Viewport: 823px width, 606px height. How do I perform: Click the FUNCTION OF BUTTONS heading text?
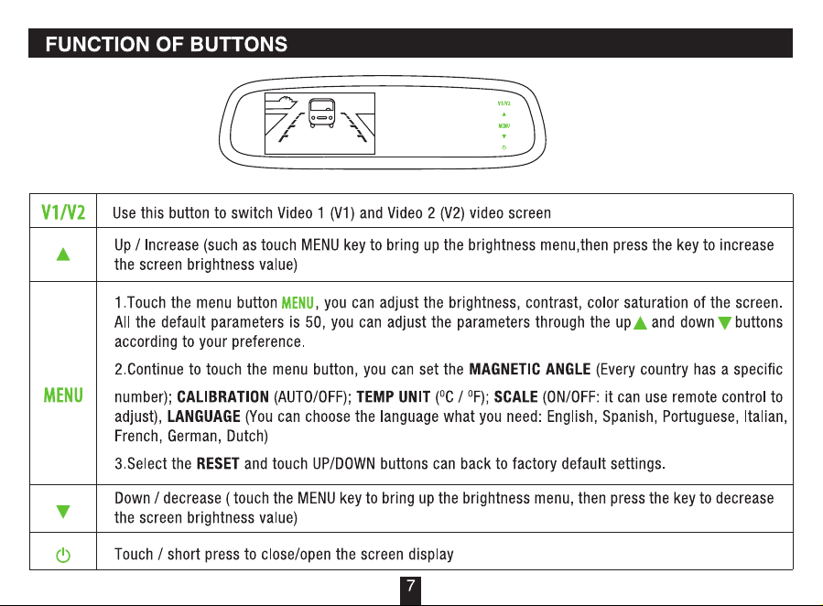(167, 44)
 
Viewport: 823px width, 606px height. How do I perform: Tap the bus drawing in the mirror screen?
(321, 114)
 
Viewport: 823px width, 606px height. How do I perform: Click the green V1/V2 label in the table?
(63, 212)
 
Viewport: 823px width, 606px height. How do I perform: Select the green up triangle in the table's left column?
(63, 254)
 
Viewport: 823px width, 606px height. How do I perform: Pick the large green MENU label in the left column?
(63, 395)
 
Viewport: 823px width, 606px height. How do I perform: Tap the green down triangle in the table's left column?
(63, 512)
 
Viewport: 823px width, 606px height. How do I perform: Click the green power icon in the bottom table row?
(63, 555)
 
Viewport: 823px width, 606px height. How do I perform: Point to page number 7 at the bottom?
(410, 586)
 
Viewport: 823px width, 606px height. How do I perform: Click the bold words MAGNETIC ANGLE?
(530, 370)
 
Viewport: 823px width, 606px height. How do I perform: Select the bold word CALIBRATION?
(223, 396)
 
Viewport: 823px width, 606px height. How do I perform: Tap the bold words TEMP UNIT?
(394, 396)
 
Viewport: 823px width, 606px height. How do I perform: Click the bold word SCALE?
(516, 396)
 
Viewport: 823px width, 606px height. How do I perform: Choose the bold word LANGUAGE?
(203, 417)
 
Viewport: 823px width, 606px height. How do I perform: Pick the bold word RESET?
(218, 464)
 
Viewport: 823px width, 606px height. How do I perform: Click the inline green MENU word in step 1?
(298, 303)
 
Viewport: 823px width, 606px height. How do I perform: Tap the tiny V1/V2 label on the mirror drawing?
(504, 103)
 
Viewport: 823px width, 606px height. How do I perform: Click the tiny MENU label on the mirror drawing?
(504, 126)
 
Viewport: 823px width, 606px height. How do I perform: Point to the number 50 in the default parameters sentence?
(313, 322)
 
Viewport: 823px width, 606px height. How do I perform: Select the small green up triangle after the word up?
(640, 323)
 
